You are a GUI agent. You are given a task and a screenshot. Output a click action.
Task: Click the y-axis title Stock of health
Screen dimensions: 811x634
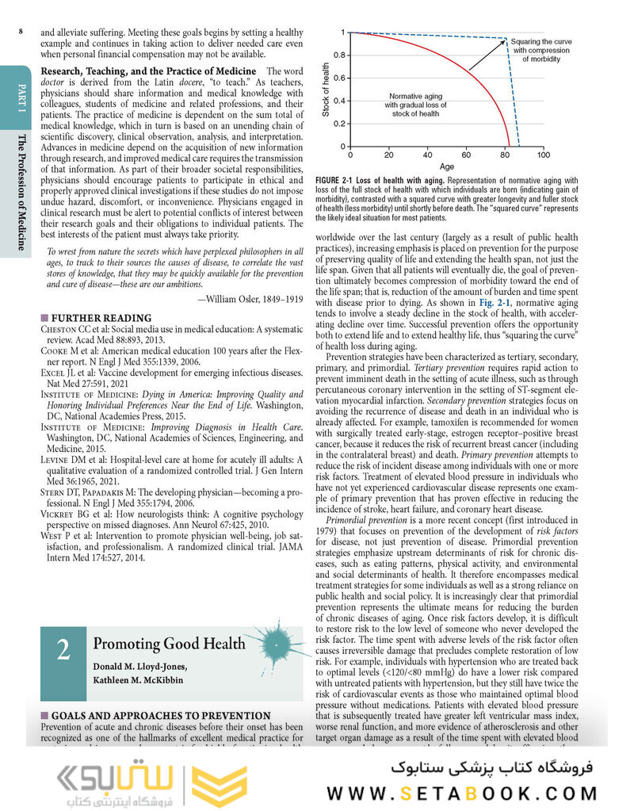click(325, 90)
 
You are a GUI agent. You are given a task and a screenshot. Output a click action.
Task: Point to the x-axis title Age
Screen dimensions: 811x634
click(447, 167)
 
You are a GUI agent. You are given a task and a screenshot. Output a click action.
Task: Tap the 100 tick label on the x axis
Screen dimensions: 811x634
click(543, 155)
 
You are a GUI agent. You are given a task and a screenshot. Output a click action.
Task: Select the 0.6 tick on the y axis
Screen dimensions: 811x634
click(340, 78)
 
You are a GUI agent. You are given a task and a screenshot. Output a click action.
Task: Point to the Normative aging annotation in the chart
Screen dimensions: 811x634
click(415, 96)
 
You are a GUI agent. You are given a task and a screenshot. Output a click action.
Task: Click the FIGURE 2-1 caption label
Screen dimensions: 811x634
click(338, 181)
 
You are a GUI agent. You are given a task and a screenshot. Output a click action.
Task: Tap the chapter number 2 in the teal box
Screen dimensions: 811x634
click(63, 649)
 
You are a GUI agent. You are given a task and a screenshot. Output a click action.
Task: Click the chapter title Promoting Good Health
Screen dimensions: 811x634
click(169, 644)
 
